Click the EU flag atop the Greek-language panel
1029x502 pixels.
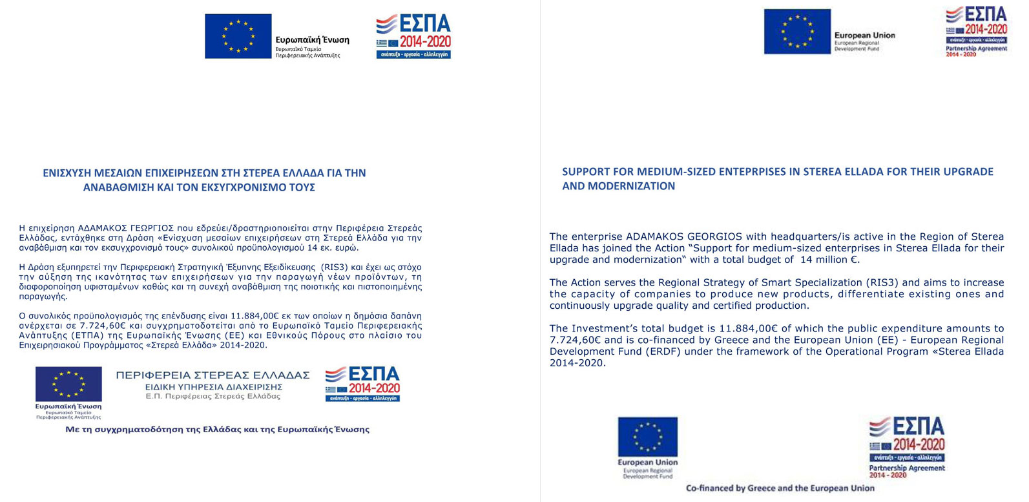238,36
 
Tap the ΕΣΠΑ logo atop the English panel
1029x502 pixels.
976,31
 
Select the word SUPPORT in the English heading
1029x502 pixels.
584,172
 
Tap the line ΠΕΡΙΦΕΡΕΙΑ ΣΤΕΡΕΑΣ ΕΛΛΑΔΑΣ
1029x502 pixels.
213,375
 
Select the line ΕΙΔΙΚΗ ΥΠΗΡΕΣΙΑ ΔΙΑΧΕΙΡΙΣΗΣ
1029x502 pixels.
213,386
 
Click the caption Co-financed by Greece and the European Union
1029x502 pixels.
780,488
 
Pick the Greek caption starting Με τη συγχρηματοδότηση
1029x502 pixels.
217,429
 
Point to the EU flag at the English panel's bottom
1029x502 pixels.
647,437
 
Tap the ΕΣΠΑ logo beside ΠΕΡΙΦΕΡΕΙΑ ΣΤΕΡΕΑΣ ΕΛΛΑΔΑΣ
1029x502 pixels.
362,384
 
